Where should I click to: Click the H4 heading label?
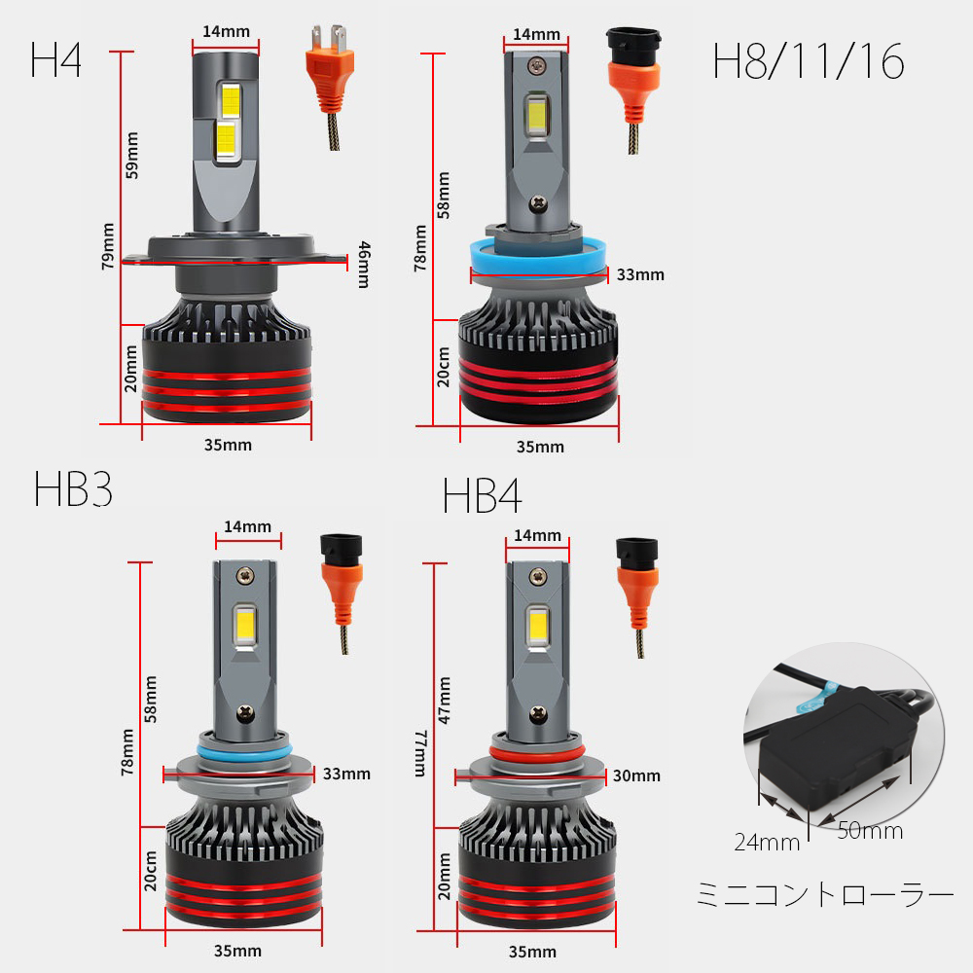pos(55,60)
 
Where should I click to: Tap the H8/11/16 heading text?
pos(808,62)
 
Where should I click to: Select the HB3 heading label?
pos(73,489)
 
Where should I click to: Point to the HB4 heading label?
pos(482,496)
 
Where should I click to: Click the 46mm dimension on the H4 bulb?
pos(364,265)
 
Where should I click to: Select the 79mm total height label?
pos(108,246)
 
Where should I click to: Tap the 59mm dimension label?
pos(132,155)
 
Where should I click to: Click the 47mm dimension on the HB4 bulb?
pos(444,701)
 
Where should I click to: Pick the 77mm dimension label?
pos(420,753)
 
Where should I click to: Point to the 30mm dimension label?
pos(636,775)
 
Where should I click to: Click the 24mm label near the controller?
pos(767,843)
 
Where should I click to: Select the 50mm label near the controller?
pos(869,831)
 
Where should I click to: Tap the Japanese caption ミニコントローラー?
pos(825,895)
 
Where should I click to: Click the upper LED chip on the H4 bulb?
pos(231,99)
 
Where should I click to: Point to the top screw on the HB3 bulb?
pos(246,576)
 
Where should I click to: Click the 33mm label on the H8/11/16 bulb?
pos(640,274)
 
